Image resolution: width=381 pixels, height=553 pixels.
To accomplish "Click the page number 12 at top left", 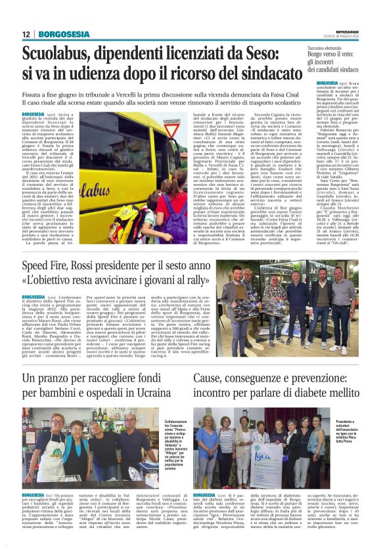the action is click(26, 34).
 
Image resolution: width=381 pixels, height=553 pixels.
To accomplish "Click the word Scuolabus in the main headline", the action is click(58, 55).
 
